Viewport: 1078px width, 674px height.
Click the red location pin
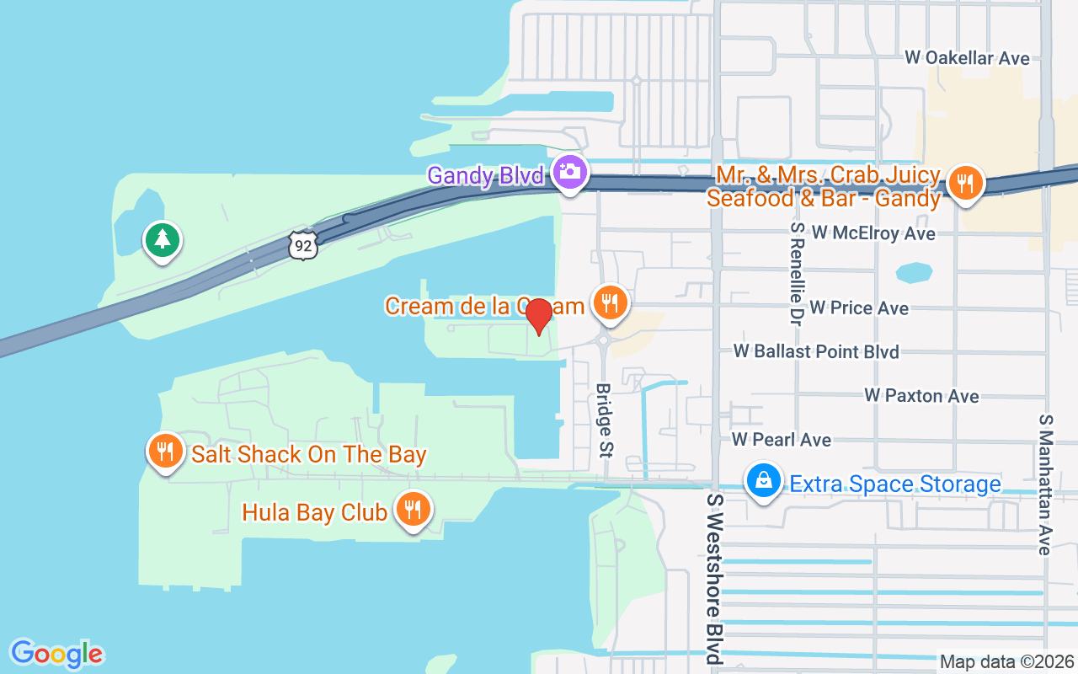pos(539,315)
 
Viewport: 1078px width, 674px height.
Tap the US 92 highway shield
pos(303,244)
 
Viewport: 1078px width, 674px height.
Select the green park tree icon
pos(162,241)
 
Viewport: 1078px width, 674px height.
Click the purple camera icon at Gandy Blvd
pos(570,172)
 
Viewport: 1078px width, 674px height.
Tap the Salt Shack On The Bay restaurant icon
pos(166,452)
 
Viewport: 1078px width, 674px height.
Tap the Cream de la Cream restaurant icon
pos(611,302)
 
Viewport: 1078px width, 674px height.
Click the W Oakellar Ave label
pos(967,58)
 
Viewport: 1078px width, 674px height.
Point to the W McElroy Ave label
pos(873,233)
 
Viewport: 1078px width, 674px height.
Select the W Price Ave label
pos(859,308)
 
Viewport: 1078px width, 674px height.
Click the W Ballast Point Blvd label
pos(816,351)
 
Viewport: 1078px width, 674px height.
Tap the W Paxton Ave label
pos(921,396)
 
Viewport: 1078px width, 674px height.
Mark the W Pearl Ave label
pos(782,440)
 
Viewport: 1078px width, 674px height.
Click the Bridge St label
pos(604,420)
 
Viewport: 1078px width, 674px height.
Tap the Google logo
pos(57,654)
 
